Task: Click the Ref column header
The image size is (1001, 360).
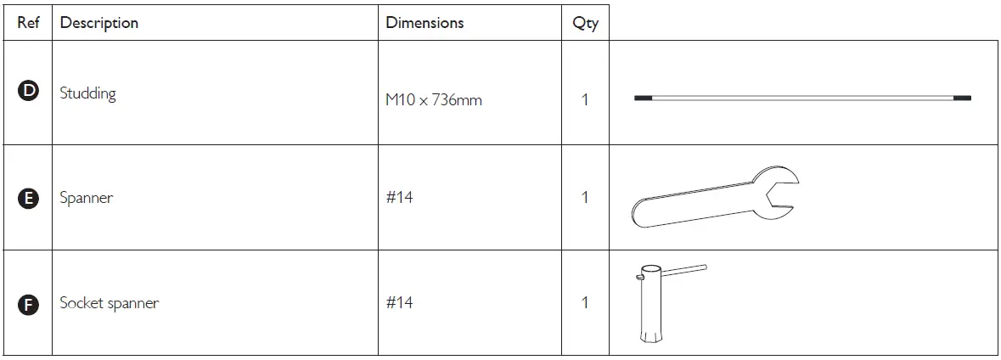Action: coord(29,23)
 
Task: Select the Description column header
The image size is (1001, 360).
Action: coord(99,23)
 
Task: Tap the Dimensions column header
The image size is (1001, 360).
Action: coord(425,23)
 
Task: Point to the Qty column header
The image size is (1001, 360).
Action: coord(585,24)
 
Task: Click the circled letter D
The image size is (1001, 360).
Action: coord(28,93)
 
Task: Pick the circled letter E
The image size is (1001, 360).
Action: coord(28,199)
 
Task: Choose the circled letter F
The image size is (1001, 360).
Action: coord(28,304)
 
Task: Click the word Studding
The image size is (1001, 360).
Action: coord(87,93)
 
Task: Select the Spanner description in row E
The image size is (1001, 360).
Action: coord(86,199)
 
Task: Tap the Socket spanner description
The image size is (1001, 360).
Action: coord(109,303)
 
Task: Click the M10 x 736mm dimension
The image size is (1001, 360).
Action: coord(433,100)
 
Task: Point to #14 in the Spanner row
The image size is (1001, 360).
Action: coord(399,198)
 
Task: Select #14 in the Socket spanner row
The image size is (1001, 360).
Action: coord(399,302)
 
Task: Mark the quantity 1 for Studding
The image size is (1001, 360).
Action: coord(585,100)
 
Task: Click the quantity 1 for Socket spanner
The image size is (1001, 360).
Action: coord(585,302)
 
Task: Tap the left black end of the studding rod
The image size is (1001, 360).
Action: coord(644,98)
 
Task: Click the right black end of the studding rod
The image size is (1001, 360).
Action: coord(962,98)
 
